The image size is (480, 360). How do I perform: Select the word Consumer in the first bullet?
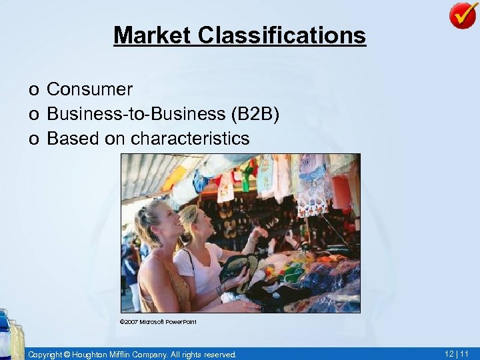coord(90,89)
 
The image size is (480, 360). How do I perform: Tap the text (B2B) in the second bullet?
coord(255,114)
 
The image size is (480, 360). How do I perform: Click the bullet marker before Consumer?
coord(33,90)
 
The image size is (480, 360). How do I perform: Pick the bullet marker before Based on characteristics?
coord(33,139)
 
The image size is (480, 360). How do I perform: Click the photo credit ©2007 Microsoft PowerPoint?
coord(157,322)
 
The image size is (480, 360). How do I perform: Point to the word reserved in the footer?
coord(219,355)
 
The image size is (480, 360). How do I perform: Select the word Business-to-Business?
coord(137,114)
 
